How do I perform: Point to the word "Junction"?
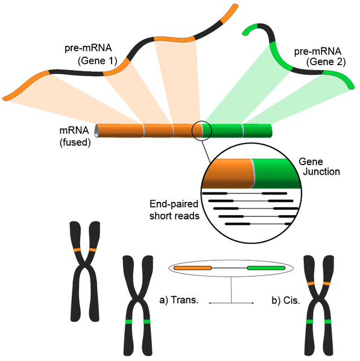(319, 172)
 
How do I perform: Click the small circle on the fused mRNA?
(201, 130)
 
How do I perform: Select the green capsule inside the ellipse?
(266, 266)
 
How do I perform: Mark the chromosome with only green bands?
(134, 307)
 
